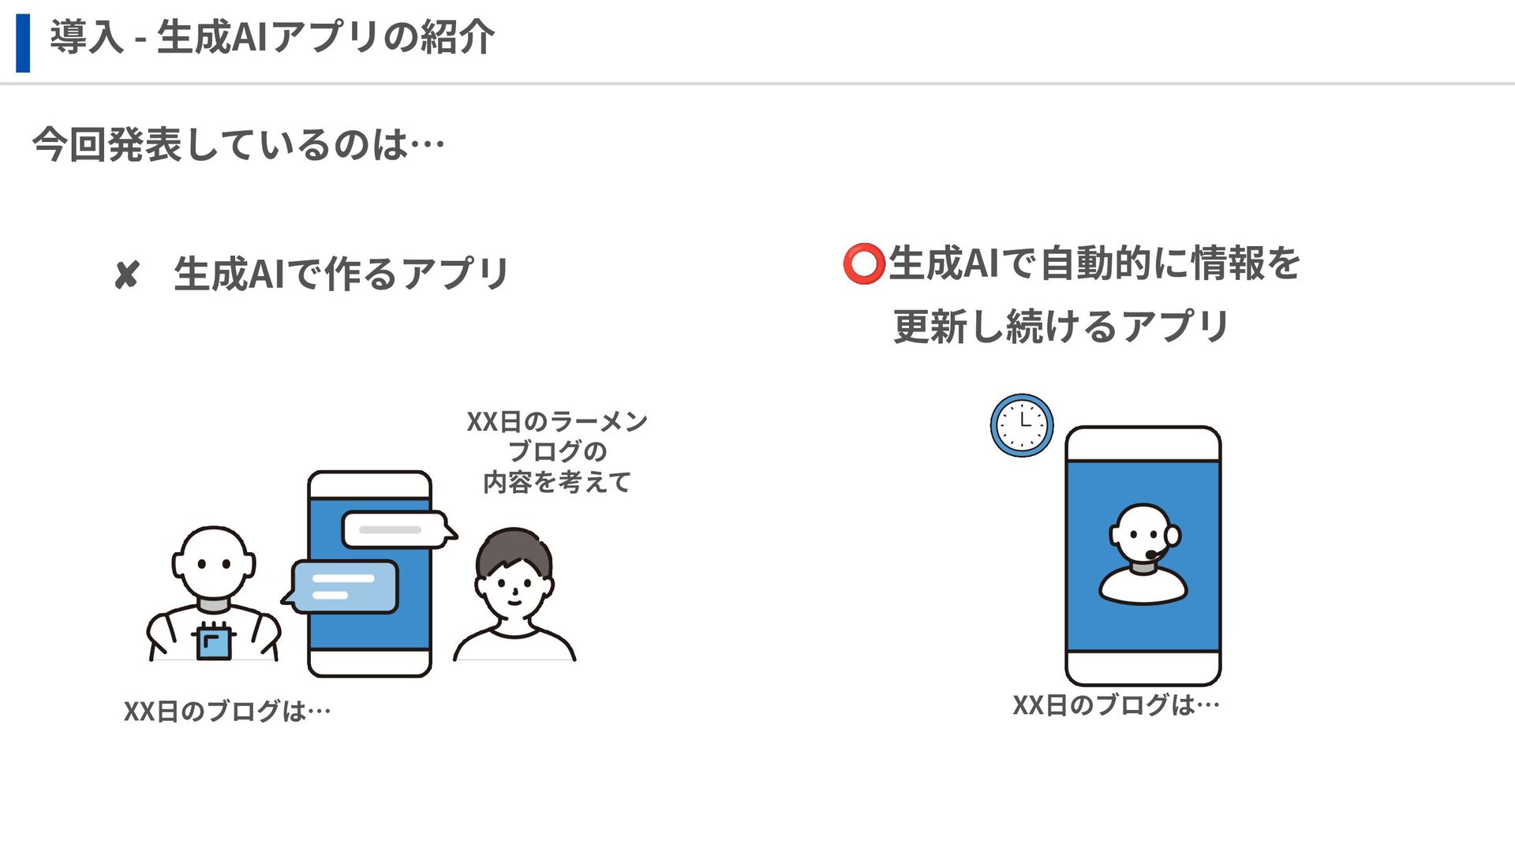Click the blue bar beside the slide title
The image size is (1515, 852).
tap(23, 43)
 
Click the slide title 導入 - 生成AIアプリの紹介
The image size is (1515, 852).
tap(272, 37)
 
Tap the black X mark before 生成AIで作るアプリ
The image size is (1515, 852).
tap(126, 275)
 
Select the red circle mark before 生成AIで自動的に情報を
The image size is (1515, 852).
tap(862, 263)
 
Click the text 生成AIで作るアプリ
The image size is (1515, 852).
tap(341, 274)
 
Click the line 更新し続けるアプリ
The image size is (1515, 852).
tap(1060, 327)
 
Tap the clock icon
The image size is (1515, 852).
tap(1022, 425)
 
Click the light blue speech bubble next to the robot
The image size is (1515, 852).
tap(344, 586)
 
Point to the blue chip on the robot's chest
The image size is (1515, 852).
tap(213, 641)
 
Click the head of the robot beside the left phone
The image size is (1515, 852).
tap(214, 563)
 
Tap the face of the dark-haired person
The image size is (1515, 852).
tap(514, 589)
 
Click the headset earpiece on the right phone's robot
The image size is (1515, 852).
tap(1173, 536)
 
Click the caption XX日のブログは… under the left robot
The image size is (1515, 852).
tap(227, 712)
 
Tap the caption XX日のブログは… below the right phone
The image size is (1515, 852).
tap(1116, 705)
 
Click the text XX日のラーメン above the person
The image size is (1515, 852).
tap(557, 422)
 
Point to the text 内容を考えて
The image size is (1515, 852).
tap(557, 482)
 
